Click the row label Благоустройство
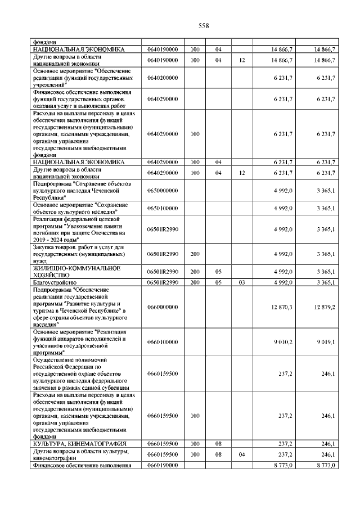pos(55,282)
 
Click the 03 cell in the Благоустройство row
pos(241,282)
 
